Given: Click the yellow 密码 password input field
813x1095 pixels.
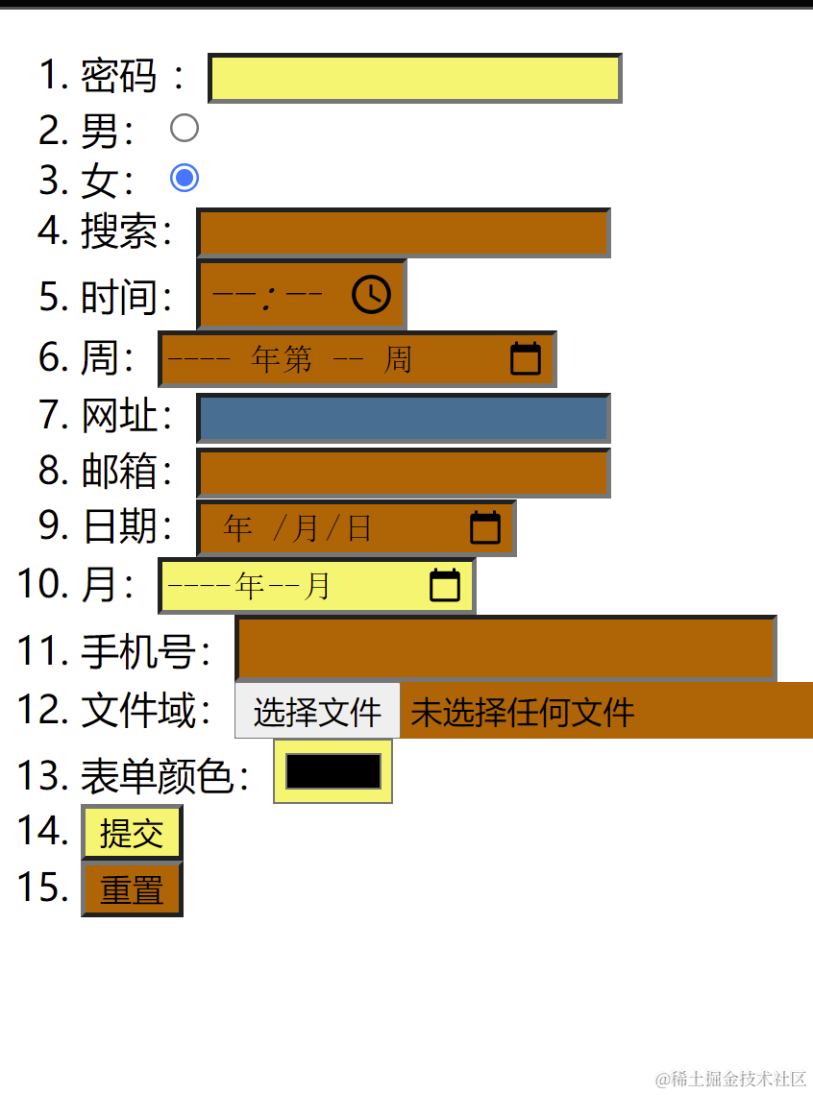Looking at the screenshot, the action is pos(414,78).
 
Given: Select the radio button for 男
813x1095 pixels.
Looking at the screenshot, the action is pos(184,128).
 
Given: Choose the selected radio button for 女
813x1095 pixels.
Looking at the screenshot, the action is pos(184,178).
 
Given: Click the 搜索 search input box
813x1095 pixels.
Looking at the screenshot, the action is pos(404,232).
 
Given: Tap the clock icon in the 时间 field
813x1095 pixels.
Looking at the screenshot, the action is pos(371,294).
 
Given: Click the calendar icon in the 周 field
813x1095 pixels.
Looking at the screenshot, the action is pos(525,358).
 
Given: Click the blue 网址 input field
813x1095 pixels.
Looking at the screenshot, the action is pos(404,419).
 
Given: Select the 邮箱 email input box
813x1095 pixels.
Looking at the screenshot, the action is pos(404,473).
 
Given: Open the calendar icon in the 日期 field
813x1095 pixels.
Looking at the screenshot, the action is pos(485,527).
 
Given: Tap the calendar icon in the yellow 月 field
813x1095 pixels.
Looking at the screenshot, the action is pos(445,585).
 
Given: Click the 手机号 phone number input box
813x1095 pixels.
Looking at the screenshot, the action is pos(505,649).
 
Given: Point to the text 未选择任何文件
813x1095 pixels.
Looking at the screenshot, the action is pos(523,713).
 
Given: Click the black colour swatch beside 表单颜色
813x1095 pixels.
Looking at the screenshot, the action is pos(333,771).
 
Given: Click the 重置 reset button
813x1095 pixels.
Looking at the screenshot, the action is pos(132,889).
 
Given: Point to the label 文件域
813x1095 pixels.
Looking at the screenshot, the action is pos(145,711).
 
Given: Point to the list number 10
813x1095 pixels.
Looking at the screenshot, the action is pos(39,584).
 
